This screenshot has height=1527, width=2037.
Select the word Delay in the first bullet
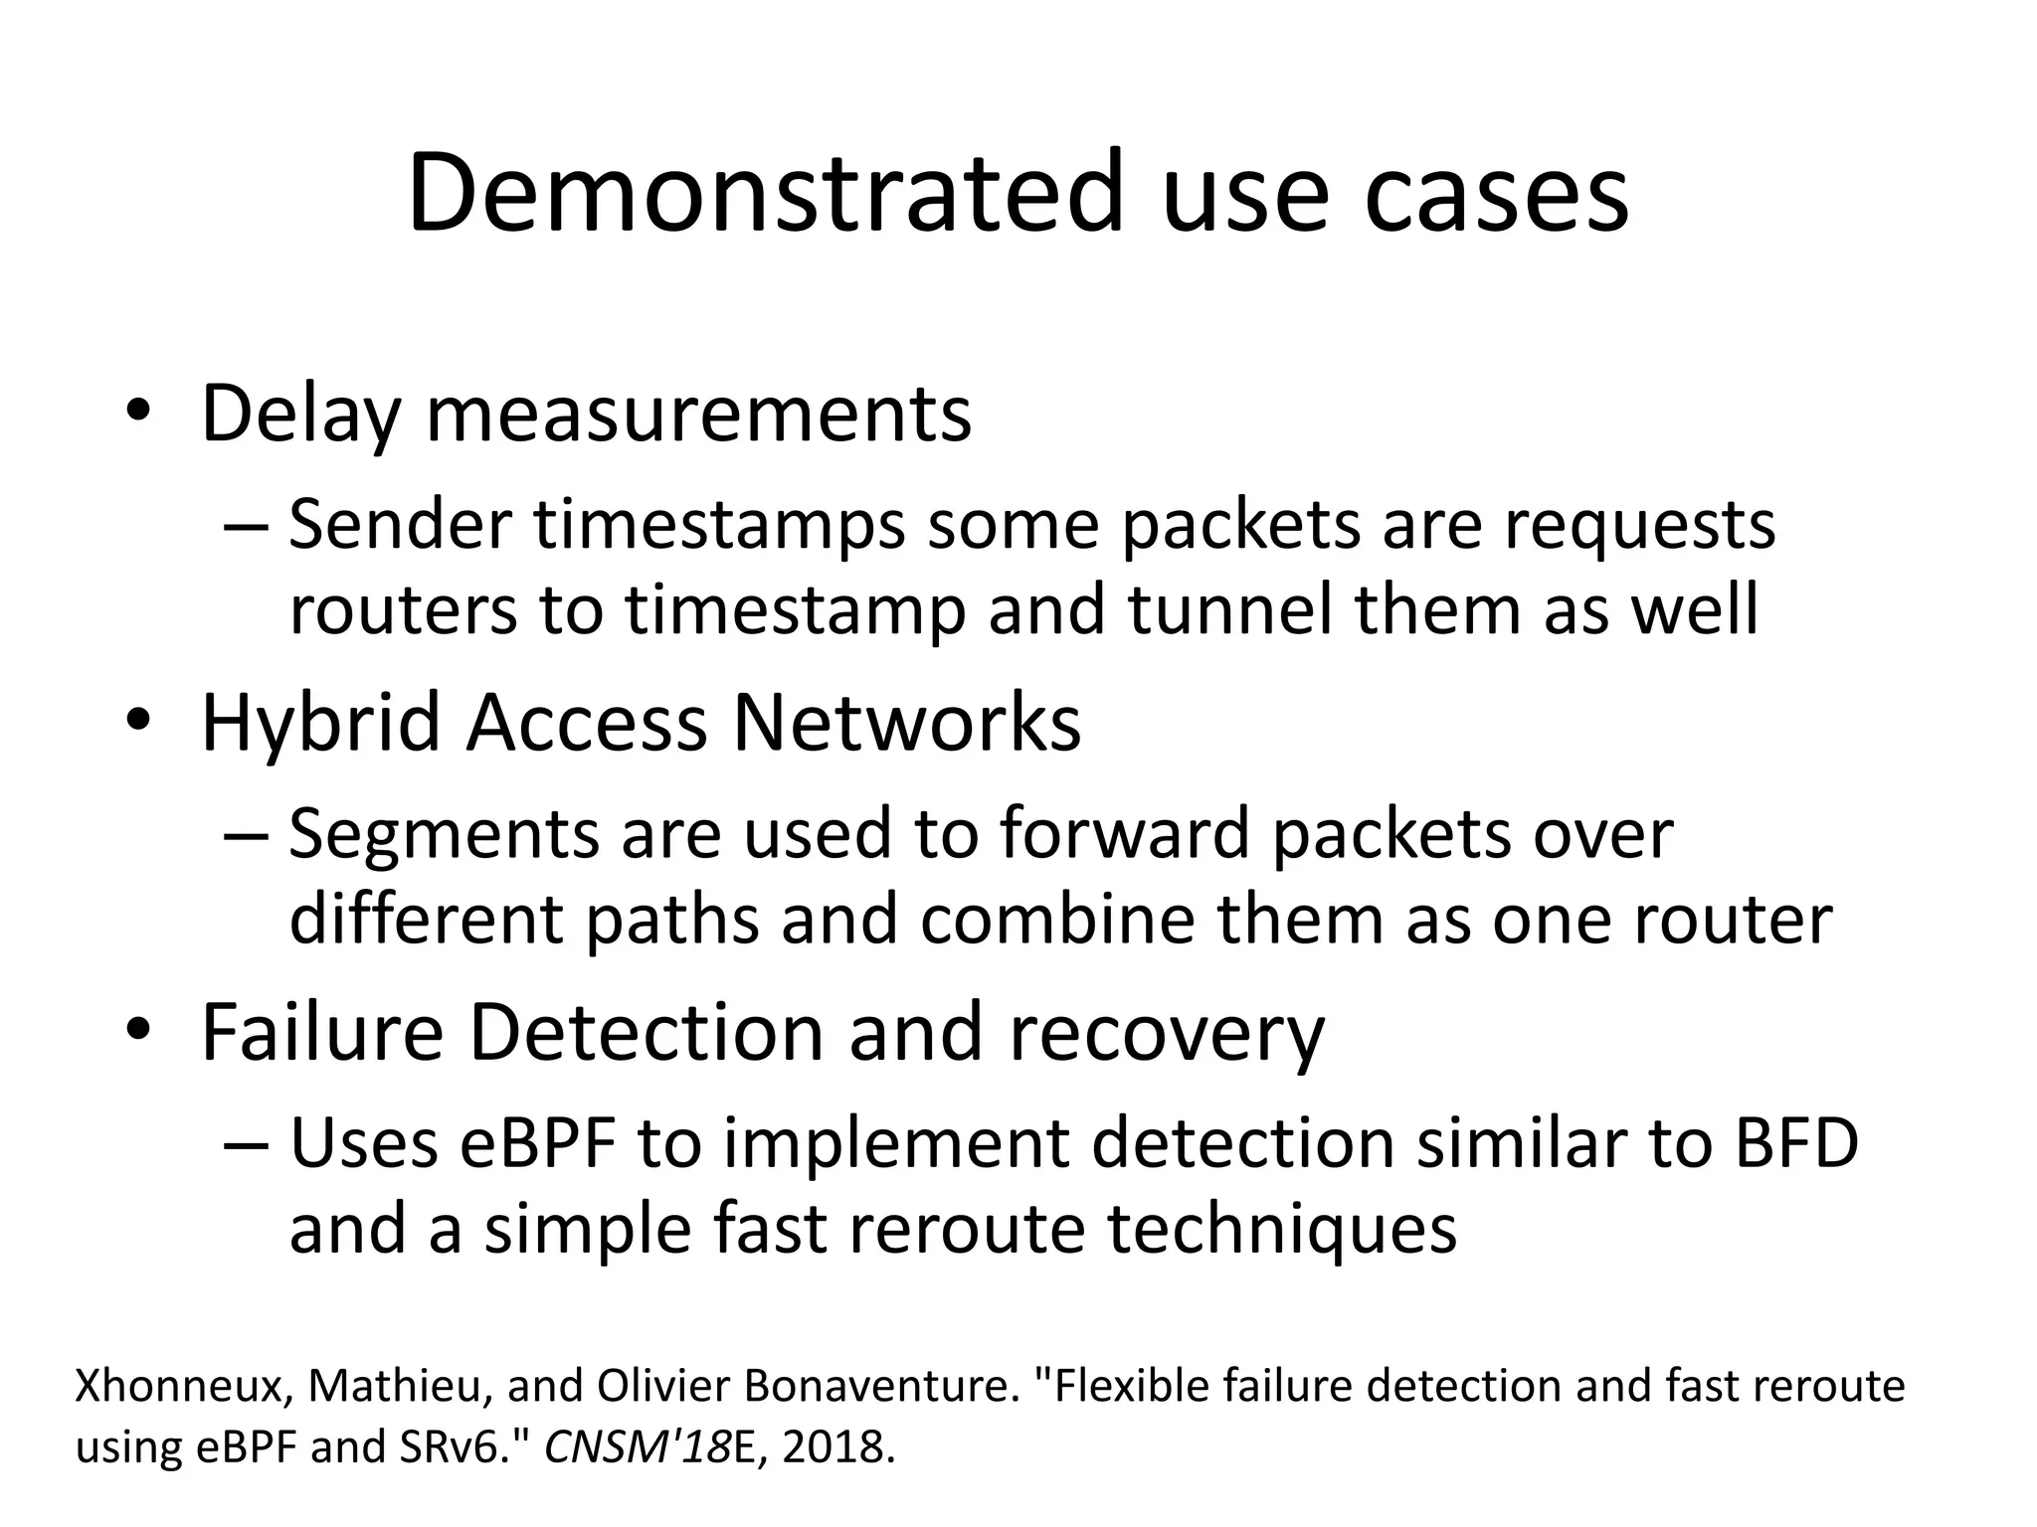[300, 413]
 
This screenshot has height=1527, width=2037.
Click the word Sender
[400, 525]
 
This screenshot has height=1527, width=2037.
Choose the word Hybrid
[320, 723]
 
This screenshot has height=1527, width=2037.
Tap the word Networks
[906, 723]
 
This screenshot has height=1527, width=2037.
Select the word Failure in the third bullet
[322, 1033]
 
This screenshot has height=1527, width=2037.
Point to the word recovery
[1167, 1033]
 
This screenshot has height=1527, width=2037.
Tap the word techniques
[1282, 1229]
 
